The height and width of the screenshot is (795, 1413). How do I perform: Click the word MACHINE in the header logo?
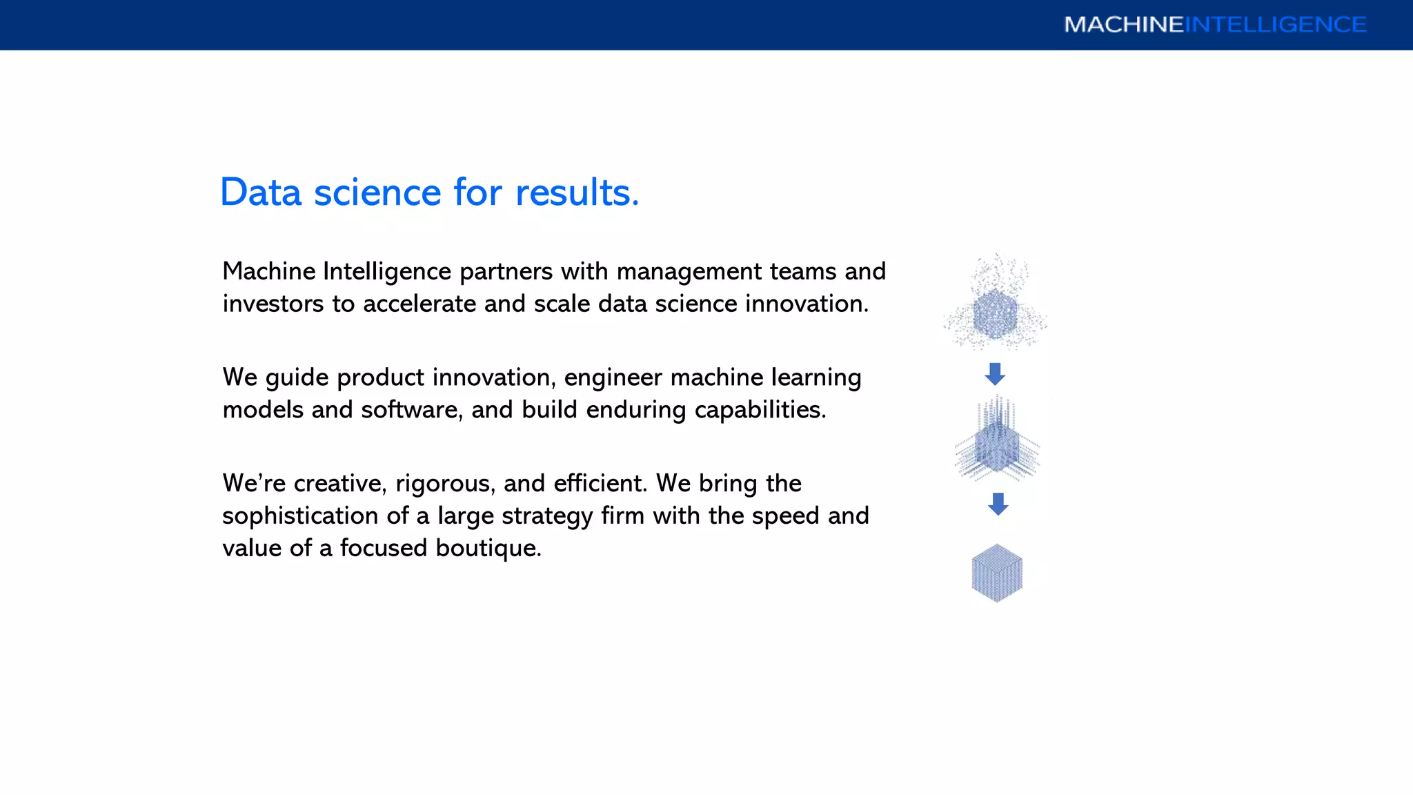click(x=1123, y=25)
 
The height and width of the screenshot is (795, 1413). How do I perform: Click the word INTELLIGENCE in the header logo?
click(x=1276, y=25)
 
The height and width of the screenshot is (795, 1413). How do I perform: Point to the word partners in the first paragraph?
click(x=506, y=272)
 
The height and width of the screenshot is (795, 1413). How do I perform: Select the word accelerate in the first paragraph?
click(x=419, y=304)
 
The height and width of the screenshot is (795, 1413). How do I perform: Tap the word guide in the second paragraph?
click(x=297, y=378)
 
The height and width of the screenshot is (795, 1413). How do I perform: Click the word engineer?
click(x=613, y=377)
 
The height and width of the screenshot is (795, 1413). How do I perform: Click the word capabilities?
click(x=760, y=410)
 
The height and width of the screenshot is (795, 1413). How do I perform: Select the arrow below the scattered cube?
click(x=995, y=374)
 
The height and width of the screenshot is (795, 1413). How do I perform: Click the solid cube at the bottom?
click(x=997, y=573)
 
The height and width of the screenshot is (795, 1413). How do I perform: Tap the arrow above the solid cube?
click(x=998, y=504)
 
